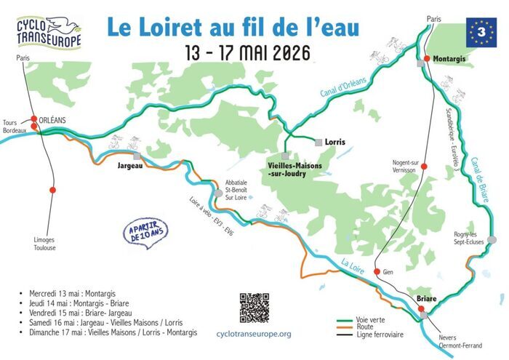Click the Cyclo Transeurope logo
click(x=49, y=31)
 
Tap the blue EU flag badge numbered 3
click(x=480, y=31)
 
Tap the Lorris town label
click(x=335, y=142)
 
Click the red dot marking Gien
click(x=377, y=272)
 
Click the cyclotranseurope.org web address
click(x=254, y=334)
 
